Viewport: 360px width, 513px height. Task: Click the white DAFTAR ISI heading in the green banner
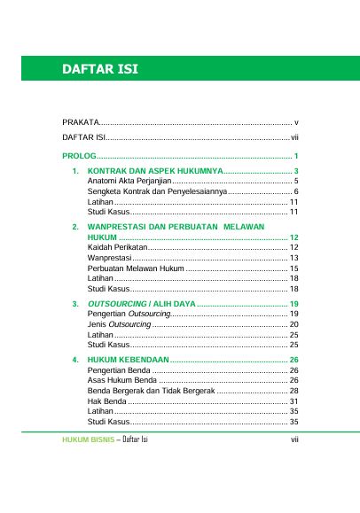pyautogui.click(x=98, y=69)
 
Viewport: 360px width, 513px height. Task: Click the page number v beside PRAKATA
pyautogui.click(x=296, y=121)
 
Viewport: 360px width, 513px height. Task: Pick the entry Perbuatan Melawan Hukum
pyautogui.click(x=136, y=268)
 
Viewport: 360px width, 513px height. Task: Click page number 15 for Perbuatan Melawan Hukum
pyautogui.click(x=293, y=268)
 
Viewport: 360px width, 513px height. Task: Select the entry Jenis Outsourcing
pyautogui.click(x=120, y=325)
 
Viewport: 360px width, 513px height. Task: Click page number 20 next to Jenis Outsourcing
pyautogui.click(x=293, y=325)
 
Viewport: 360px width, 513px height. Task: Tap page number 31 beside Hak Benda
pyautogui.click(x=293, y=401)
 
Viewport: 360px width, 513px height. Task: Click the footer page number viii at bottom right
pyautogui.click(x=295, y=439)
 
